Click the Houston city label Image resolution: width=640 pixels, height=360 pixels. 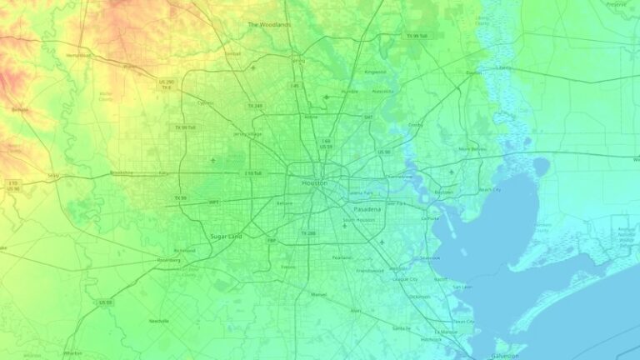[x=314, y=182]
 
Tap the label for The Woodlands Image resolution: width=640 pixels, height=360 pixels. [x=269, y=25]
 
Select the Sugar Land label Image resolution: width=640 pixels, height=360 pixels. [x=226, y=237]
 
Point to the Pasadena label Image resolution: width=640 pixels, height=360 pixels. [x=367, y=209]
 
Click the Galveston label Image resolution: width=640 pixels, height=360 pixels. [x=505, y=355]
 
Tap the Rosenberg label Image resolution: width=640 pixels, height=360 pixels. [x=168, y=260]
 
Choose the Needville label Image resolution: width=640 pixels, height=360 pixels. [x=158, y=321]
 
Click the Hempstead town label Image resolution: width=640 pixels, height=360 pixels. [x=77, y=55]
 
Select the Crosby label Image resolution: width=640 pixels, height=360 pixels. [x=415, y=125]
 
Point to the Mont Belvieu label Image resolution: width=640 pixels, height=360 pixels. [x=472, y=149]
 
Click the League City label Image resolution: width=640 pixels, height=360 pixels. [x=405, y=278]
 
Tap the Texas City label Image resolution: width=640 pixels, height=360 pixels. [x=463, y=322]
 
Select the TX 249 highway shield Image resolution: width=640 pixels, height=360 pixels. [x=254, y=106]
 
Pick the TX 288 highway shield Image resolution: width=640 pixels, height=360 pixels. [x=308, y=233]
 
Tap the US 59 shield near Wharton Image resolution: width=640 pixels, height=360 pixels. [x=105, y=302]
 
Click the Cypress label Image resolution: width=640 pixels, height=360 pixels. [x=205, y=103]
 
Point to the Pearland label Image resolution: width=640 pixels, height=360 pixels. [x=342, y=258]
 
